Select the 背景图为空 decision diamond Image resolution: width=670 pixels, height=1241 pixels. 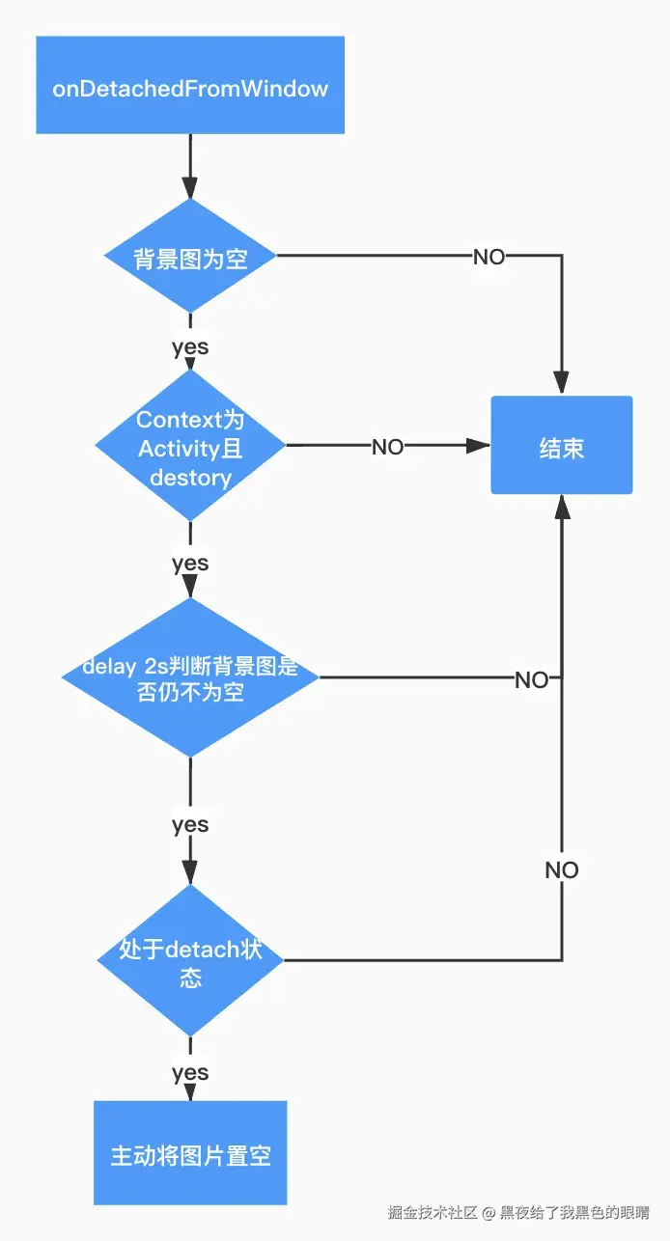[x=190, y=258]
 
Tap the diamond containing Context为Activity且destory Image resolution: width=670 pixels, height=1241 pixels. [x=190, y=447]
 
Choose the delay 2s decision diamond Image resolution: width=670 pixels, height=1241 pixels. [x=190, y=677]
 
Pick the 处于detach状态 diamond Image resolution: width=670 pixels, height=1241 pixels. [x=190, y=961]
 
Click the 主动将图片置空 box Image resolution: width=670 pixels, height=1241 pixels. [x=190, y=1154]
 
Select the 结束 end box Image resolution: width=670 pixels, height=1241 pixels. [x=561, y=446]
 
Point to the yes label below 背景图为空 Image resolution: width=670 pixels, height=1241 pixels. [x=190, y=346]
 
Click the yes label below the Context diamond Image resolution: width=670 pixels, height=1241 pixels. [x=190, y=563]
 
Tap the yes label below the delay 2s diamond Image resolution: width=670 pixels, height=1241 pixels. [x=190, y=824]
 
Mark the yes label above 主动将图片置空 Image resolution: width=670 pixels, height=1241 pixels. [x=190, y=1072]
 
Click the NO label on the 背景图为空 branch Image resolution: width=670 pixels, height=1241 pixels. [x=489, y=257]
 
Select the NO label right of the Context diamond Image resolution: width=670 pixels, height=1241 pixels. [x=387, y=447]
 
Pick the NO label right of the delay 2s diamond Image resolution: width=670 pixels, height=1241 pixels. [x=531, y=679]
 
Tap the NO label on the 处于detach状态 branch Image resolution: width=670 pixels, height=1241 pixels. [x=562, y=870]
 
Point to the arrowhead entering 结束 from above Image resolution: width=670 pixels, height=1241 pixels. [x=562, y=384]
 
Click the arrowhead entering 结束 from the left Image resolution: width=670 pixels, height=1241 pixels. [x=479, y=446]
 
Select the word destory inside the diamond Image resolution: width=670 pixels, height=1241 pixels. [x=190, y=478]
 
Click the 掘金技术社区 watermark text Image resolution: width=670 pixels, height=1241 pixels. [x=433, y=1212]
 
